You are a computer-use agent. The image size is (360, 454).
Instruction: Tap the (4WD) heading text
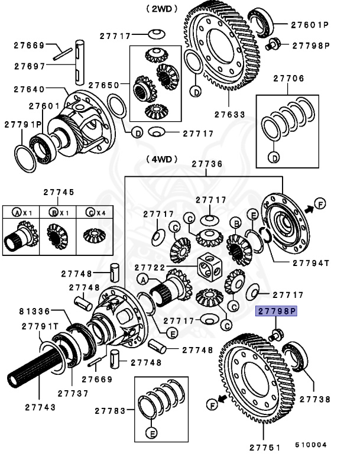pyautogui.click(x=160, y=158)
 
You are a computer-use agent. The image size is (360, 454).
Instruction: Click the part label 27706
pyautogui.click(x=288, y=77)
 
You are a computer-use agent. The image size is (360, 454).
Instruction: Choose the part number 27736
pyautogui.click(x=207, y=164)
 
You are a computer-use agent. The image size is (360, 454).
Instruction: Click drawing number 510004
pyautogui.click(x=313, y=443)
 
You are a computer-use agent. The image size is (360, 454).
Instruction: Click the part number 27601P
pyautogui.click(x=309, y=25)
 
